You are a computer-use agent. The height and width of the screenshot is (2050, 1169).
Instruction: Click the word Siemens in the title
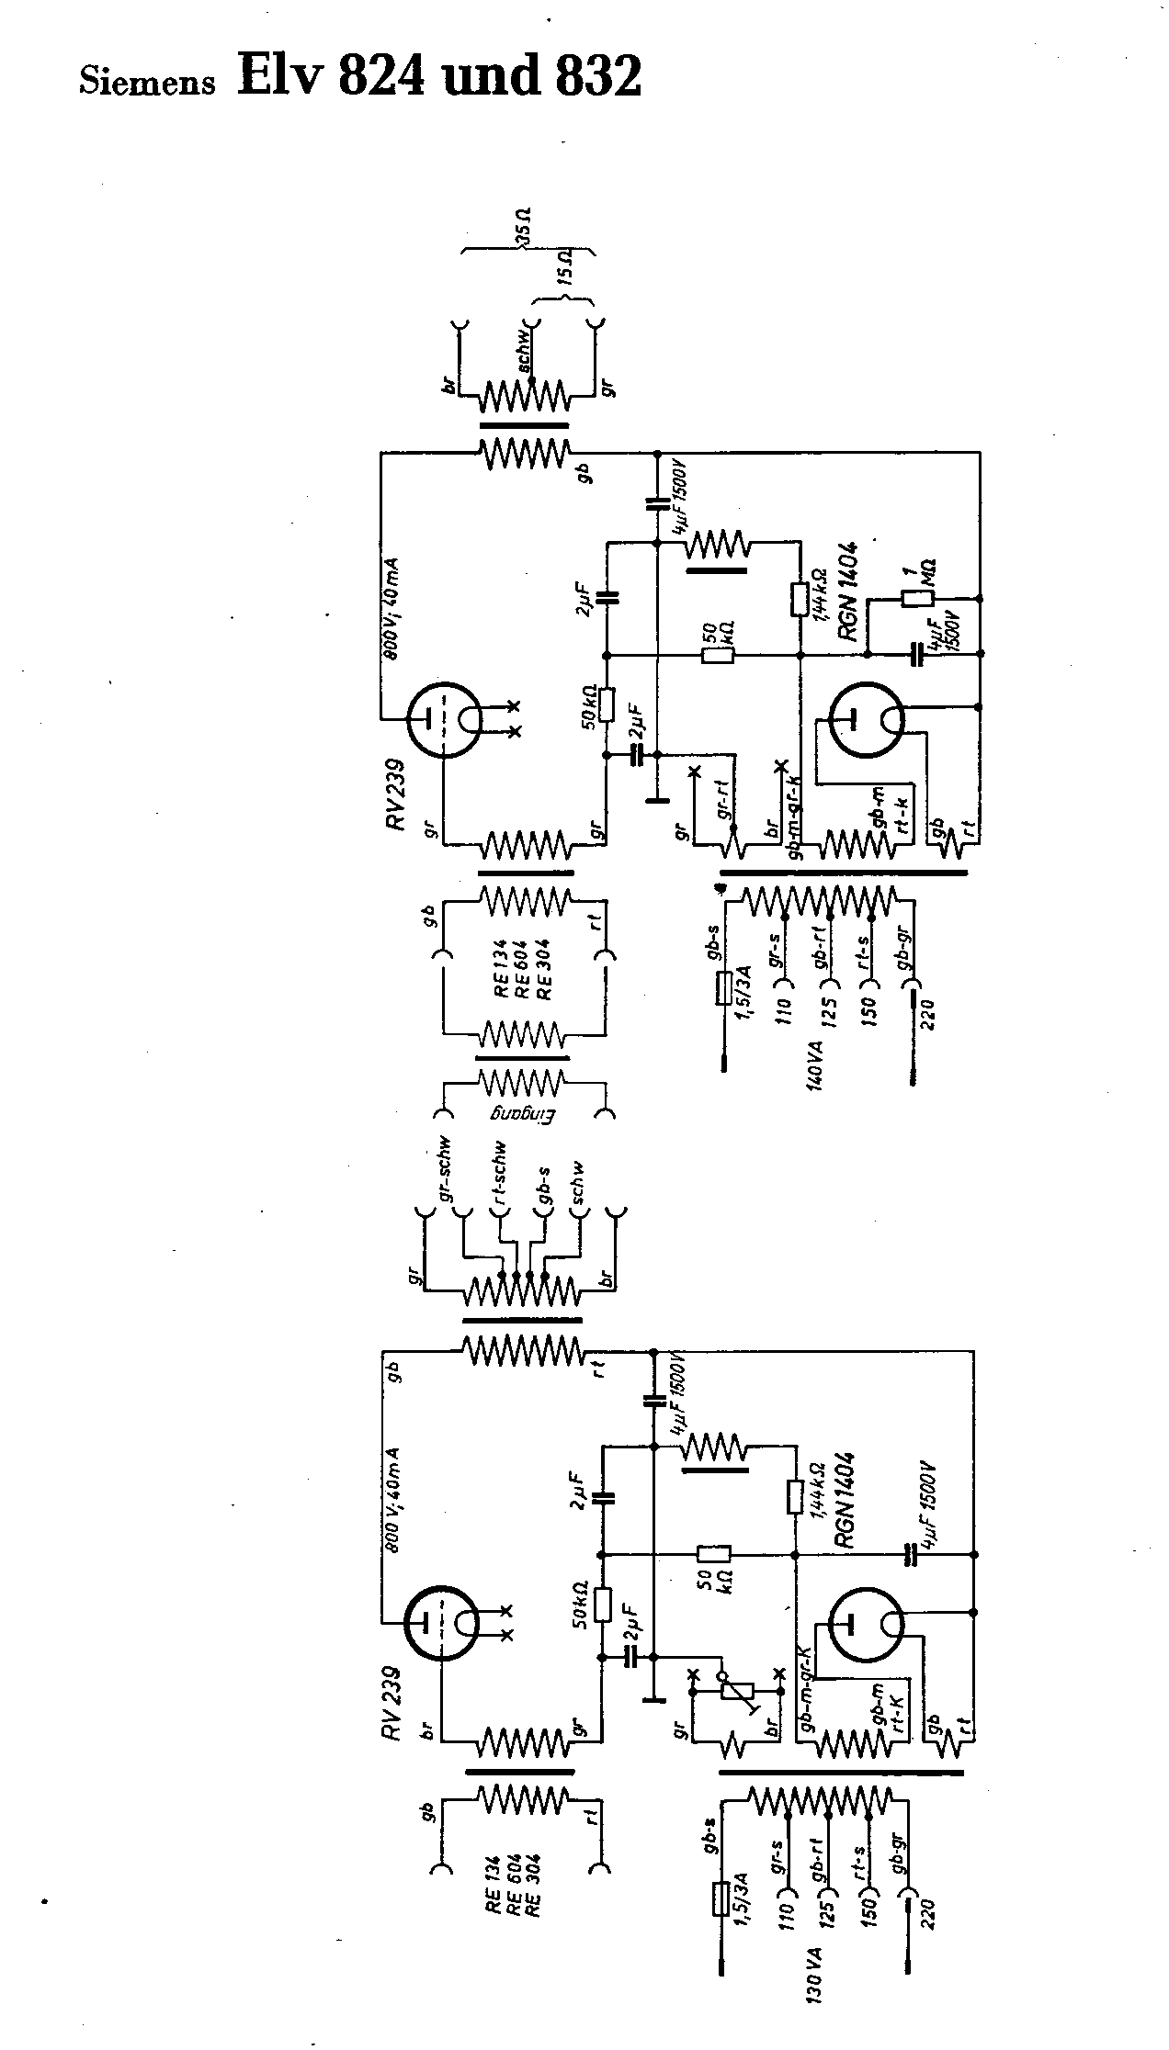(x=148, y=82)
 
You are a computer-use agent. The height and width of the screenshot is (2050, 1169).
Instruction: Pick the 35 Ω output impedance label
(x=525, y=229)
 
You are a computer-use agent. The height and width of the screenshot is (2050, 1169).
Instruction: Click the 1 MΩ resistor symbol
(x=917, y=599)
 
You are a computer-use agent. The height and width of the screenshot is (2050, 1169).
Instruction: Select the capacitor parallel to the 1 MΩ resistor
(x=915, y=654)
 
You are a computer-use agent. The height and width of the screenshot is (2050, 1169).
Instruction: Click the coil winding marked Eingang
(x=521, y=1084)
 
